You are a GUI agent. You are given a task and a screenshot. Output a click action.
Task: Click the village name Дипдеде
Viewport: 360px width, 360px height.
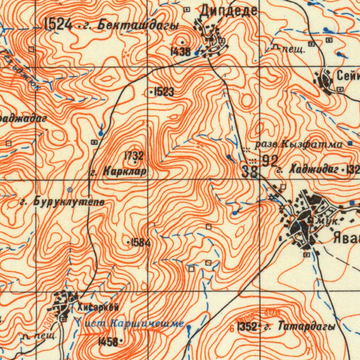(229, 11)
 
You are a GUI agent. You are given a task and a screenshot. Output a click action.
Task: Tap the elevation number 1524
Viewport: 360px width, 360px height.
(58, 25)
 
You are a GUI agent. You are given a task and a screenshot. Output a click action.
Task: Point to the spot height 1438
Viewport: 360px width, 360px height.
(180, 52)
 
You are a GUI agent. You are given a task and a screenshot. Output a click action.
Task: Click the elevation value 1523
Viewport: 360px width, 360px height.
(163, 92)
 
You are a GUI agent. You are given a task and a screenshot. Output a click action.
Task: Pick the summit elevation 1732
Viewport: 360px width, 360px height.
(134, 155)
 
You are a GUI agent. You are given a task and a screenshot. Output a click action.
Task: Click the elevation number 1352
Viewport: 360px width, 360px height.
(247, 327)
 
